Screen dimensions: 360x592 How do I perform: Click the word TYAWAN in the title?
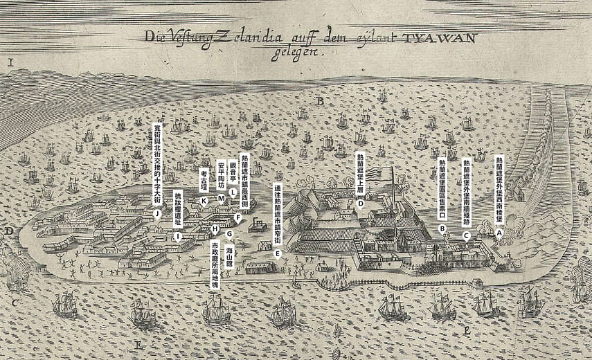click(x=440, y=38)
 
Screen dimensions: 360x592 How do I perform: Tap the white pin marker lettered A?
click(x=499, y=233)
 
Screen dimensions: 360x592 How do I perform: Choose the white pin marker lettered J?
click(x=158, y=214)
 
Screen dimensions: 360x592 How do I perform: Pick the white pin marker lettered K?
click(x=204, y=201)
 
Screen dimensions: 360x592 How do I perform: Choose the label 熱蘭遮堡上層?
click(x=360, y=173)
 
